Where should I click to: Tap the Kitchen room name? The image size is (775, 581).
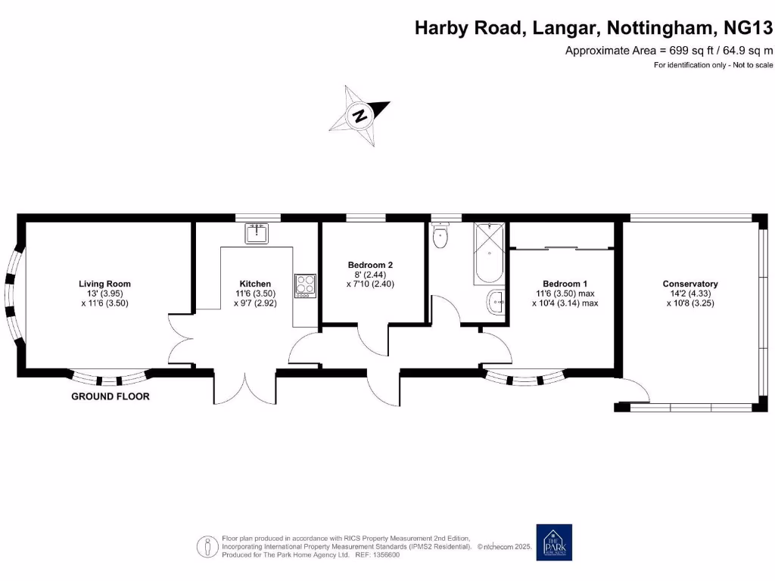(x=254, y=284)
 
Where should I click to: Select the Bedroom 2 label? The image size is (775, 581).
(x=370, y=265)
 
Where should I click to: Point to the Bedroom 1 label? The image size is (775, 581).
(x=565, y=284)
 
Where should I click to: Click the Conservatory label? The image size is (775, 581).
(x=689, y=284)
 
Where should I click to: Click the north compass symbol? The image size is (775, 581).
(x=360, y=115)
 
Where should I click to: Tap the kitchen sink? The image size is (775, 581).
(x=257, y=233)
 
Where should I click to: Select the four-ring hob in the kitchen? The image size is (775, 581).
(x=305, y=285)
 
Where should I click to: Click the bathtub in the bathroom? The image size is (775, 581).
(x=490, y=254)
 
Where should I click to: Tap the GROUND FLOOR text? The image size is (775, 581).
(x=110, y=396)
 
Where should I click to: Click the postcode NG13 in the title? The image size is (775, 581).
(x=749, y=29)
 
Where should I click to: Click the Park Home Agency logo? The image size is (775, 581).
(x=554, y=542)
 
